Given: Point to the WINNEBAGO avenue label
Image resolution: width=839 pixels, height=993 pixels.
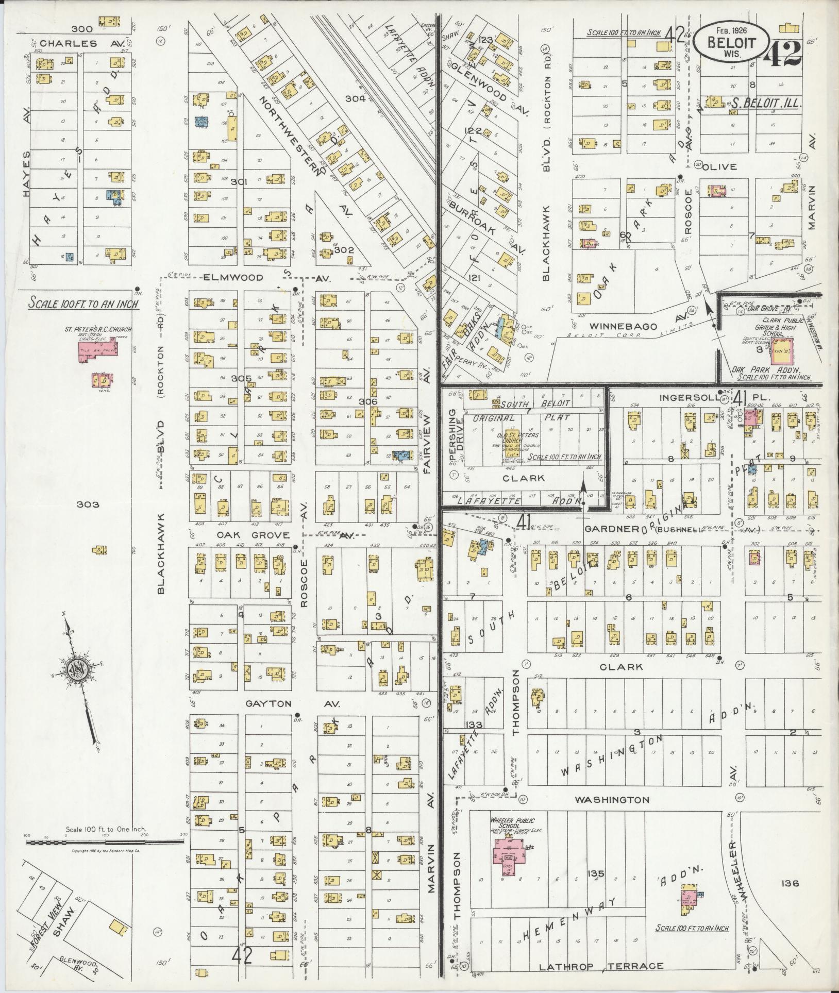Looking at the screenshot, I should pyautogui.click(x=624, y=327).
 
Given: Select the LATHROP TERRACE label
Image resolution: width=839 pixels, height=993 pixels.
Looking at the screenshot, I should pyautogui.click(x=601, y=966).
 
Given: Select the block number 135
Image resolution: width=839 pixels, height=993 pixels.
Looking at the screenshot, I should pyautogui.click(x=597, y=874).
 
